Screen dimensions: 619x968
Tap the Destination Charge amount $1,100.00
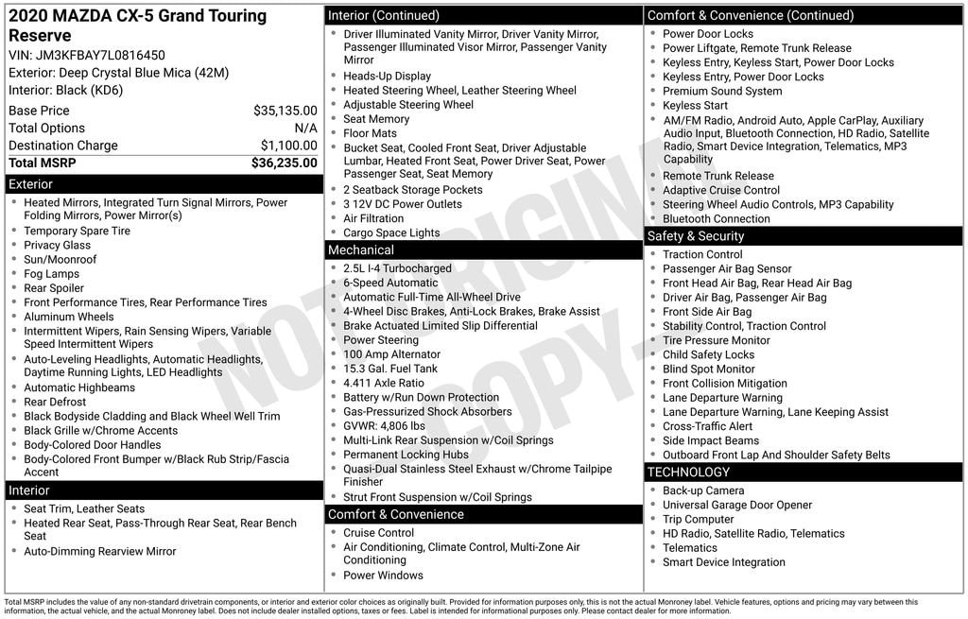tap(288, 146)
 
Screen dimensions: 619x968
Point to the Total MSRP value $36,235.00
tap(284, 163)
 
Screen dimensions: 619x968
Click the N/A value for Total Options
tap(305, 128)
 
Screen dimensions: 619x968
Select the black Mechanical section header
tap(483, 250)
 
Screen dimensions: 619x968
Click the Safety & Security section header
tap(804, 236)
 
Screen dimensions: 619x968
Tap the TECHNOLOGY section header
tap(804, 472)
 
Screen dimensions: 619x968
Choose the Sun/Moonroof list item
tap(60, 260)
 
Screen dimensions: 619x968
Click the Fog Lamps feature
tap(51, 274)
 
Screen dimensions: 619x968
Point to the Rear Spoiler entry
tap(54, 288)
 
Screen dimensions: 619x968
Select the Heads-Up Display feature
tap(387, 77)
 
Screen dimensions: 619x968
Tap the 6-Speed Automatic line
tap(390, 283)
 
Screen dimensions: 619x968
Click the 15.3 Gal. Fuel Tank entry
tap(390, 369)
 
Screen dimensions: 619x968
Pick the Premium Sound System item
tap(722, 92)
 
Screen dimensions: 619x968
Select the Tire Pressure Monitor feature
tap(716, 340)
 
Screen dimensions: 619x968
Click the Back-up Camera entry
tap(703, 490)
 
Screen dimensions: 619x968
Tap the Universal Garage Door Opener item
tap(737, 506)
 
